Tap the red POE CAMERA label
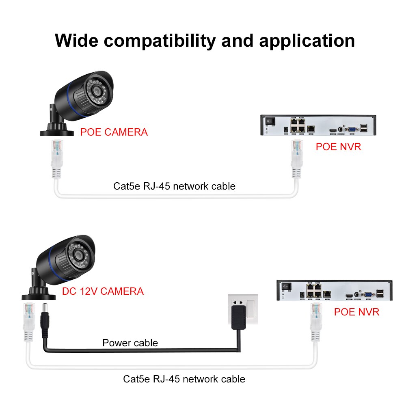pos(114,132)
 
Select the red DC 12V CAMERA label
pos(103,291)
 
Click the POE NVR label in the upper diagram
pos(338,147)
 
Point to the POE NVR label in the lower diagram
pos(356,312)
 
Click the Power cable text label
pos(130,343)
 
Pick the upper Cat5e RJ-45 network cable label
pos(174,186)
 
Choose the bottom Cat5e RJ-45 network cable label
pos(184,379)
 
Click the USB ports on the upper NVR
pos(364,128)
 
